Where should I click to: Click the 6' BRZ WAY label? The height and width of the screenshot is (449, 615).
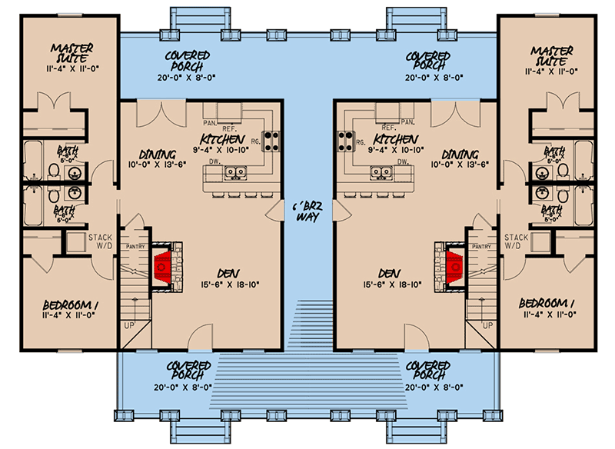307,211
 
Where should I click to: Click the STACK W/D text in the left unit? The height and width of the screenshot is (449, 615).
102,242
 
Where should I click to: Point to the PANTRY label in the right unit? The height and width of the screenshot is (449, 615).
481,246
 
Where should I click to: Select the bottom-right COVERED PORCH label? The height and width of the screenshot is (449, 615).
427,369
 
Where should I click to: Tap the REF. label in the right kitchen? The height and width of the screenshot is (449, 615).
389,126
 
